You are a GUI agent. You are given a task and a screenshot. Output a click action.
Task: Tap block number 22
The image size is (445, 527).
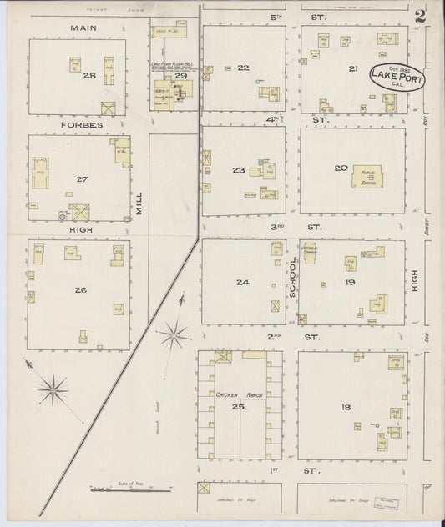243,68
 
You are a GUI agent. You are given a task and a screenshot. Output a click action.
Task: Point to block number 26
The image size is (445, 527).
80,290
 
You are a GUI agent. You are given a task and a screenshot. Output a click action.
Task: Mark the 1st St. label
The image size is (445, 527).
271,472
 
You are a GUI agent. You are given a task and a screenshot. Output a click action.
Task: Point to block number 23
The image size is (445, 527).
239,170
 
